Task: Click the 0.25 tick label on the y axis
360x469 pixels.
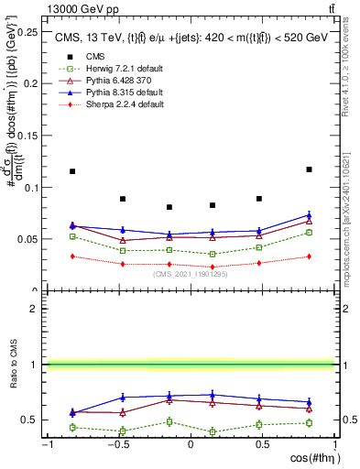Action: coord(28,32)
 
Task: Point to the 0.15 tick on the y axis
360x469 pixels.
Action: coord(28,136)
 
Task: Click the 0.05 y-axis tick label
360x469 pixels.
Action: coord(28,239)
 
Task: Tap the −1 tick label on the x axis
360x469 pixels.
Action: coord(45,443)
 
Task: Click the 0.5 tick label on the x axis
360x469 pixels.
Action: coord(263,443)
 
